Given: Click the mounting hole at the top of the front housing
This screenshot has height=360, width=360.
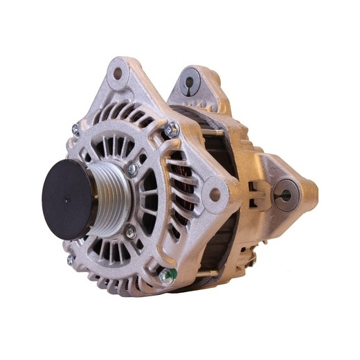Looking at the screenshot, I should [x=118, y=72].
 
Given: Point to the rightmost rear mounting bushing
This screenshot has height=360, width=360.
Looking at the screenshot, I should [x=285, y=195].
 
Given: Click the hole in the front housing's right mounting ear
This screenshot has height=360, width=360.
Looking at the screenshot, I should [x=215, y=194].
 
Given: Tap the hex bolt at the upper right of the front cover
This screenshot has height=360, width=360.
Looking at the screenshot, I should [x=170, y=129].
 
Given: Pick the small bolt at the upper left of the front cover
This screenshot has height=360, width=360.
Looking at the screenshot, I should [x=75, y=129].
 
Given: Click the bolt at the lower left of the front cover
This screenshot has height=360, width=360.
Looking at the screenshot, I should [x=71, y=259].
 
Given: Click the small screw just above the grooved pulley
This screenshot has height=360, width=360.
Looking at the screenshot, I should [x=132, y=168].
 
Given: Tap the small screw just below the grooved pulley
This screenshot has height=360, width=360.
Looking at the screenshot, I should [x=130, y=233].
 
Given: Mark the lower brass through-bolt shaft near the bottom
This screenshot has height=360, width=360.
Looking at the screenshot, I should [x=206, y=274].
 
